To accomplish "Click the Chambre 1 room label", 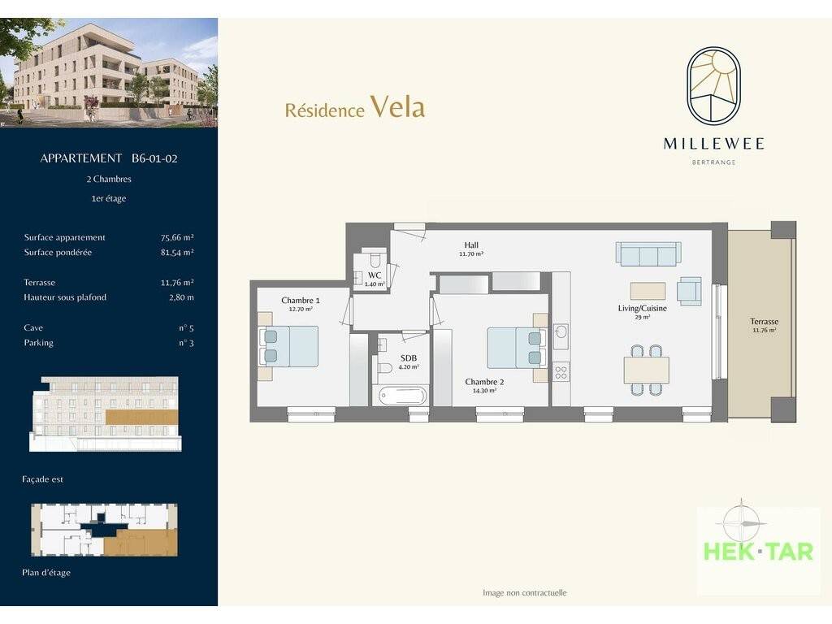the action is [301, 301].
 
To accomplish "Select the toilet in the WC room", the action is [375, 259].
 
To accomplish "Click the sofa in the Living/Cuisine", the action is [648, 253].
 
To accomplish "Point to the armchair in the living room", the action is [689, 292].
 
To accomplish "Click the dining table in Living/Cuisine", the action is [646, 370].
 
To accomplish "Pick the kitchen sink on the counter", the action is [561, 332].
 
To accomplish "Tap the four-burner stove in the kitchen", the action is [561, 371].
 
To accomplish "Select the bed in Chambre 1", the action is [288, 346].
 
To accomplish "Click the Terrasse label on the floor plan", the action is [764, 321].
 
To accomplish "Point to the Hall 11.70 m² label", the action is [471, 249].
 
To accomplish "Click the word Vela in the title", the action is [398, 106].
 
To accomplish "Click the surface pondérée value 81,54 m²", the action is [177, 252].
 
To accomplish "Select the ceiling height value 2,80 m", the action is [181, 297].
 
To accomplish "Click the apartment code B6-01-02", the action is [154, 158].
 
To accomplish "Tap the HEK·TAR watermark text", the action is [758, 552].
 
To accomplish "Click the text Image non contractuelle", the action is [525, 592].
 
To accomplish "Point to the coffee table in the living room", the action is [648, 291].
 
